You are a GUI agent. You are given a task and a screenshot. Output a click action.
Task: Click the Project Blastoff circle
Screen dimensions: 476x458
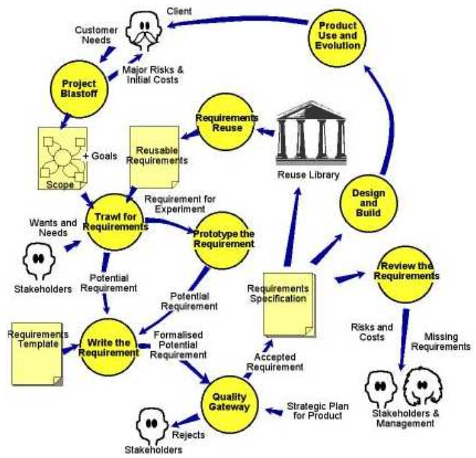[x=79, y=89]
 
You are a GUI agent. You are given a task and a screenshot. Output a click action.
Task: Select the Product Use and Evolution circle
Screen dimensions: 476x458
[x=337, y=38]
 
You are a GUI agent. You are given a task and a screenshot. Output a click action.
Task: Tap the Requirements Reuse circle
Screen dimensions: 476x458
[x=226, y=122]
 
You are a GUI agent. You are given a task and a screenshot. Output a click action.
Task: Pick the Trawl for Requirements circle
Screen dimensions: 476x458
[x=115, y=222]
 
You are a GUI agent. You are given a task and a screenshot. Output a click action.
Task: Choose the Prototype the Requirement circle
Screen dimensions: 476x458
[x=223, y=240]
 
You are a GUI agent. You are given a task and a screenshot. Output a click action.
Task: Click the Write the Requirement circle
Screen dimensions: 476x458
[x=108, y=347]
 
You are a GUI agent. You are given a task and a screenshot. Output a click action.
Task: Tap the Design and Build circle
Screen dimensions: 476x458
[x=369, y=203]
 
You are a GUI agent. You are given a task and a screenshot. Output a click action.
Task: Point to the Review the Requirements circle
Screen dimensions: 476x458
[x=406, y=274]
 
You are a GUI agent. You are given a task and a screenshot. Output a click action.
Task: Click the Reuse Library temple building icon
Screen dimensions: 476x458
[x=311, y=134]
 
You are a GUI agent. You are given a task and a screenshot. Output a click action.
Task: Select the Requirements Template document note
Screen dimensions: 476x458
[x=37, y=354]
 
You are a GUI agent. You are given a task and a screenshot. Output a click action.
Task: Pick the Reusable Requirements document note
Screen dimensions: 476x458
[x=154, y=157]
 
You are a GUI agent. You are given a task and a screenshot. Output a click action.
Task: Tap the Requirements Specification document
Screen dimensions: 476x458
[x=289, y=305]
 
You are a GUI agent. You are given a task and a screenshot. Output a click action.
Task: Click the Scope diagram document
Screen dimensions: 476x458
[x=63, y=158]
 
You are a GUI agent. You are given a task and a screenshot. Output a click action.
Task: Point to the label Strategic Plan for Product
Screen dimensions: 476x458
[x=318, y=411]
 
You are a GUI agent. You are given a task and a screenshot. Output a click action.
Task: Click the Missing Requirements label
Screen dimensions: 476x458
[x=441, y=341]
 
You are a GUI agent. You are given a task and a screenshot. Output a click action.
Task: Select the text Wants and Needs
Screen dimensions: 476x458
[x=53, y=228]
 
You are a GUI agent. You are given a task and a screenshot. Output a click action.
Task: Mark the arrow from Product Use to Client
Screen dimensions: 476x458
[x=237, y=21]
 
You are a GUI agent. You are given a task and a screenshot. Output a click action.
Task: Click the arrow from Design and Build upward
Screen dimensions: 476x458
[x=391, y=118]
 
